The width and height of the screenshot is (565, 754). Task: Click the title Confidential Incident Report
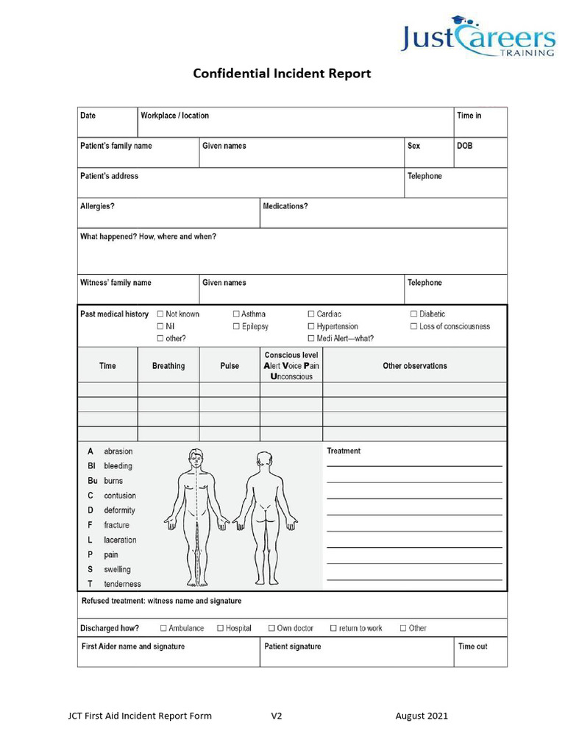click(282, 74)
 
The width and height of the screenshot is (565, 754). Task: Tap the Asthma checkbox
click(236, 314)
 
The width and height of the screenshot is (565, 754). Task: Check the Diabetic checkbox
click(414, 314)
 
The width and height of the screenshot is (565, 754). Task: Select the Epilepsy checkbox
click(236, 326)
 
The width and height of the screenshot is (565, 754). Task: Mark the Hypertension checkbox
click(311, 326)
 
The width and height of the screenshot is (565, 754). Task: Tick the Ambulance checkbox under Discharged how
click(163, 628)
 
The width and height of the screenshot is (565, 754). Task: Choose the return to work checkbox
click(333, 628)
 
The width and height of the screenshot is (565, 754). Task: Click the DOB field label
click(464, 146)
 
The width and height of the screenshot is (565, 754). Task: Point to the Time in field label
click(469, 116)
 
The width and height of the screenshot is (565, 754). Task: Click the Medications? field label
click(285, 206)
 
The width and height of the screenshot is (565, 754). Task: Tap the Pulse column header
click(230, 366)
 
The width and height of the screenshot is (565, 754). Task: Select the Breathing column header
click(168, 366)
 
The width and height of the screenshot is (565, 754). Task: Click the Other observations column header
click(414, 366)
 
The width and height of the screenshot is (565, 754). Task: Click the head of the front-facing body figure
click(196, 457)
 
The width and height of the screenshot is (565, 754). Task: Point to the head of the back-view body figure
click(264, 459)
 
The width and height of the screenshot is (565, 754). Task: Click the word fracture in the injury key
click(116, 525)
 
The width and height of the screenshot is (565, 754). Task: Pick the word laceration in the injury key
click(120, 540)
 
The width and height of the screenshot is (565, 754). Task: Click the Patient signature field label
click(292, 646)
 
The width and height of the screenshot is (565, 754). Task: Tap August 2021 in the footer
click(421, 716)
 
